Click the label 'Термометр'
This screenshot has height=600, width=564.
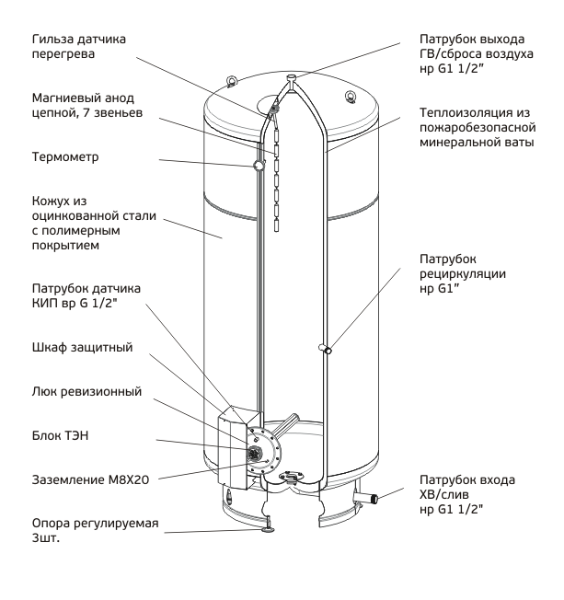pyautogui.click(x=65, y=156)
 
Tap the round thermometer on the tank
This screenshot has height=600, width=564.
pyautogui.click(x=259, y=165)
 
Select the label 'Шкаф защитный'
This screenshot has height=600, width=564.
pyautogui.click(x=82, y=348)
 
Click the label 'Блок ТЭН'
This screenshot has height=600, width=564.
pyautogui.click(x=60, y=435)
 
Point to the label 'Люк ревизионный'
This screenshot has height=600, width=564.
pyautogui.click(x=86, y=391)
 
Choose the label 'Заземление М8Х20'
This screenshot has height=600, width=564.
pyautogui.click(x=90, y=479)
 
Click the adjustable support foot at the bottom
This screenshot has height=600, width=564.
pyautogui.click(x=268, y=528)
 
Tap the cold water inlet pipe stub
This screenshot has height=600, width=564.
pyautogui.click(x=366, y=498)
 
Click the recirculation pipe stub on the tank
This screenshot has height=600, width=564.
pyautogui.click(x=326, y=349)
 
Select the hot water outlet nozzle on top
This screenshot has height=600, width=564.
pyautogui.click(x=292, y=80)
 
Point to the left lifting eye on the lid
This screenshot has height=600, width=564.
pyautogui.click(x=231, y=82)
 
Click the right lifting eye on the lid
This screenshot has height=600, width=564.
pyautogui.click(x=351, y=96)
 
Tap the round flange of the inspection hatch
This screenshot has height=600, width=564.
pyautogui.click(x=263, y=450)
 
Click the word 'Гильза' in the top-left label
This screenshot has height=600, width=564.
pyautogui.click(x=53, y=39)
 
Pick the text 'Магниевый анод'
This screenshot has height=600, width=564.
pyautogui.click(x=83, y=98)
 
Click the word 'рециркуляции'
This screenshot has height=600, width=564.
pyautogui.click(x=463, y=274)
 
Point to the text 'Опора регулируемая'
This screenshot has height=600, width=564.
pyautogui.click(x=95, y=524)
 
